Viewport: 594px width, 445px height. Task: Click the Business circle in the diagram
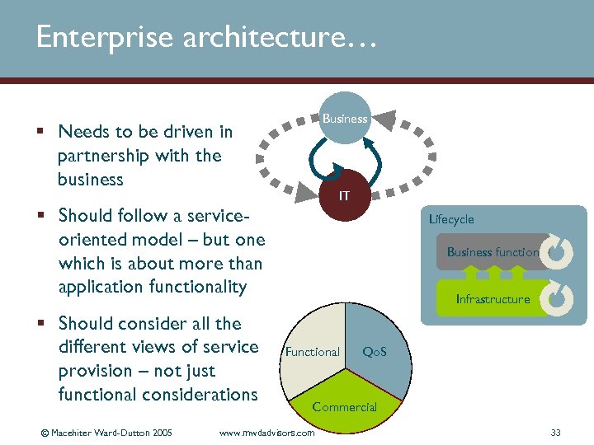click(x=345, y=119)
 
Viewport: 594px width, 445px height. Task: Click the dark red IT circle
click(x=345, y=196)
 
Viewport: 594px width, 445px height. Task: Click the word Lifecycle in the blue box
click(x=451, y=219)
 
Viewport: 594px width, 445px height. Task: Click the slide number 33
click(x=555, y=433)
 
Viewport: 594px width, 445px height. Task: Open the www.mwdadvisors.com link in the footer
click(x=266, y=433)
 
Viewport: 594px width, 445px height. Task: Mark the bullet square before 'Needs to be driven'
click(x=40, y=132)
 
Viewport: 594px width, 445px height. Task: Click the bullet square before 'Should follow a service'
click(x=40, y=216)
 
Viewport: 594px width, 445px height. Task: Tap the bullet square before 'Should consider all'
click(x=40, y=324)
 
